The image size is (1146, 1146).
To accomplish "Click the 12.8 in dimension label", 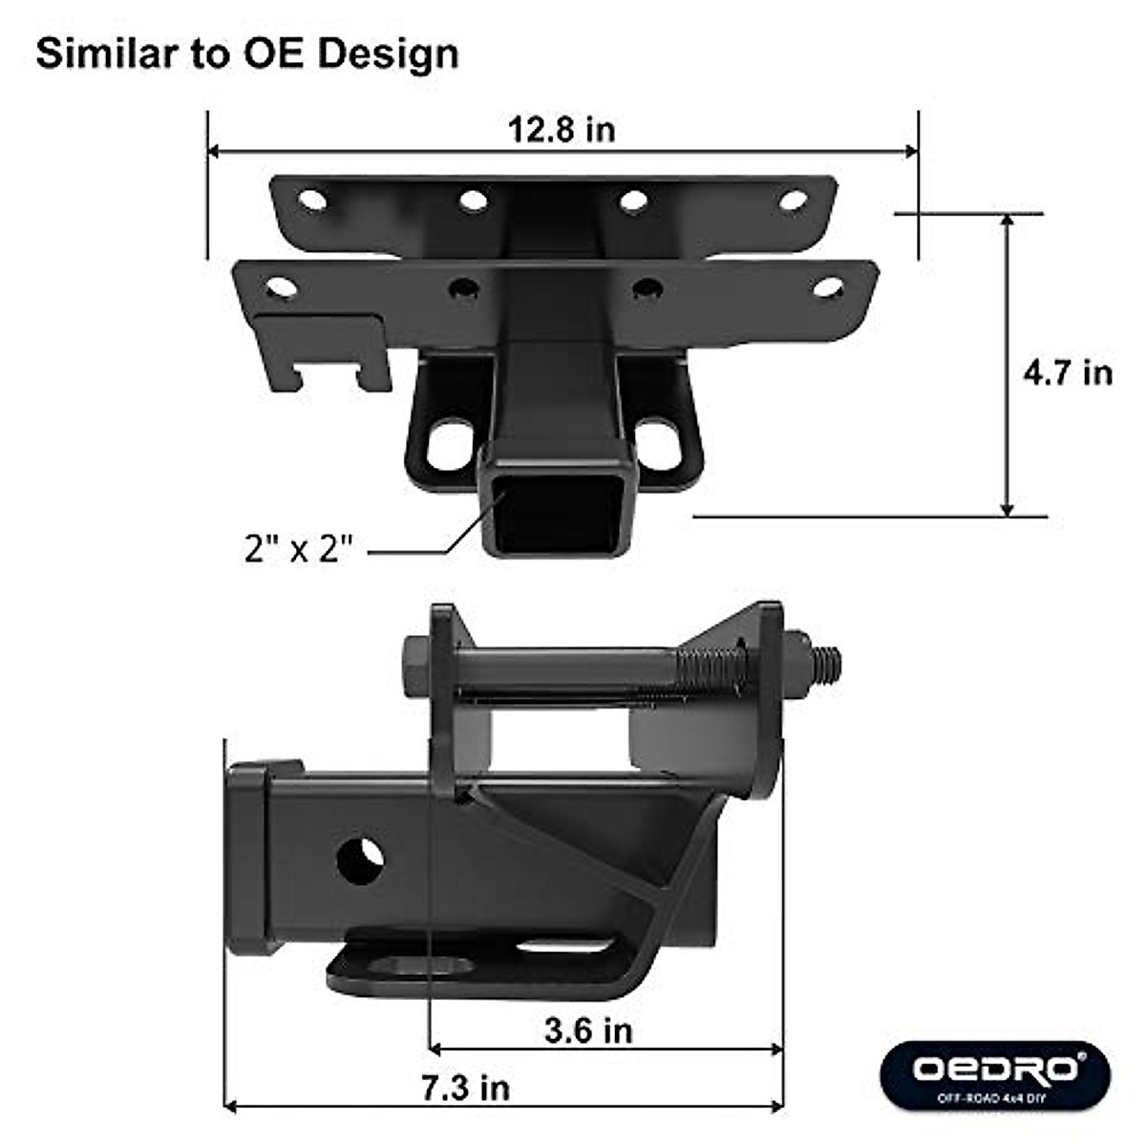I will (561, 129).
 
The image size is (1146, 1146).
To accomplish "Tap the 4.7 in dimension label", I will (1068, 371).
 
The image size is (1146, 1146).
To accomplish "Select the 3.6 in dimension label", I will (588, 1029).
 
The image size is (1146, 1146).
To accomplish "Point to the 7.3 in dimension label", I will (466, 1087).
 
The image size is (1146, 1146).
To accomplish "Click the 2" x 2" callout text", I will (299, 549).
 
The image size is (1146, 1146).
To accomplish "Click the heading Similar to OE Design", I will (247, 53).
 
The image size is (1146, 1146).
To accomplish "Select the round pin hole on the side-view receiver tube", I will (361, 859).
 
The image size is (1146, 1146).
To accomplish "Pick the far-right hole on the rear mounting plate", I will (793, 201).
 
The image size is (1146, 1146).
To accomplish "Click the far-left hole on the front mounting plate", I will (280, 286).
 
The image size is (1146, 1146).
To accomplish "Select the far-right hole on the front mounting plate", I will (827, 286).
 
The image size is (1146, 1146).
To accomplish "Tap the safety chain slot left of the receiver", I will (450, 447).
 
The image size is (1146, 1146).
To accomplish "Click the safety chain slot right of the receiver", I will (658, 446).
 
